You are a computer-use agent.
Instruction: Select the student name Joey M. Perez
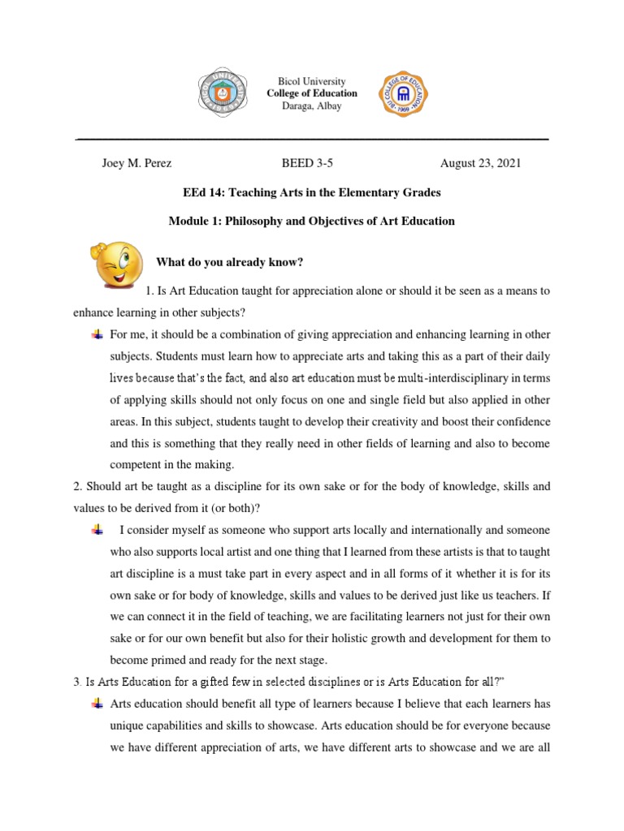136,162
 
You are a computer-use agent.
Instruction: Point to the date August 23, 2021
480,162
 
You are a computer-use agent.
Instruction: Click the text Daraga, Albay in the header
311,106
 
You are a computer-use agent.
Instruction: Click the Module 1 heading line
312,221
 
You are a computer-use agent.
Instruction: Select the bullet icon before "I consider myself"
97,530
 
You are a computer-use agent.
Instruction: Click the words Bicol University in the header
311,82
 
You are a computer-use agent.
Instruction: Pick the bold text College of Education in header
311,94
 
